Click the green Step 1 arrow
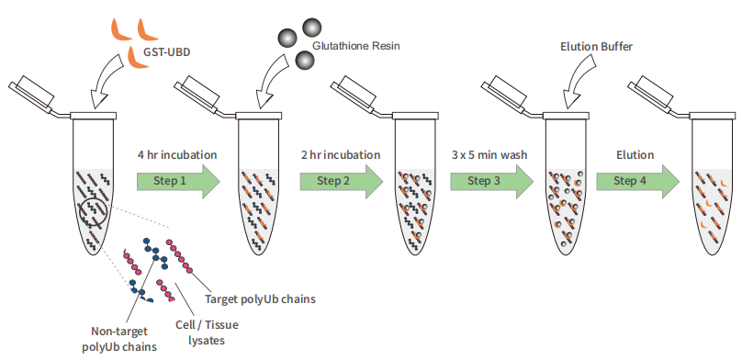coord(178,181)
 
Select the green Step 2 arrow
coord(342,181)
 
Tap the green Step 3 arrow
coord(491,181)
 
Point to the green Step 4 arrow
coord(638,181)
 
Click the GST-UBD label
coord(166,52)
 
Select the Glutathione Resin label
coord(356,46)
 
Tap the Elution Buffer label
coord(596,46)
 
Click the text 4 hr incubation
coord(177,154)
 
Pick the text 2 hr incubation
coord(341,154)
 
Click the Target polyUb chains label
coord(260,299)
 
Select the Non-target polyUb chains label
coord(118,339)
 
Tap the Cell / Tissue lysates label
coord(207,332)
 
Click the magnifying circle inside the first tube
coord(95,212)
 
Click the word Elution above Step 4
coord(635,154)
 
